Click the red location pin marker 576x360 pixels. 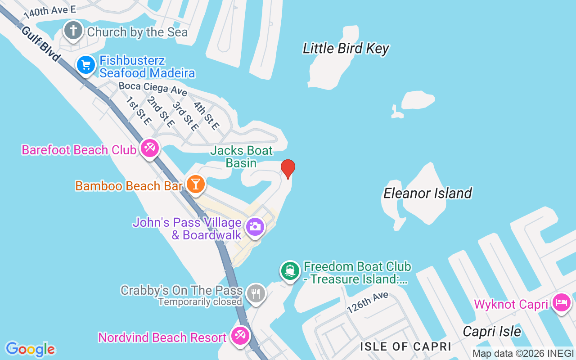(288, 169)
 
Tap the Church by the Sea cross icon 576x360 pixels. (73, 31)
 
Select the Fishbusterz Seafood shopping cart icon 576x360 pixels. (86, 65)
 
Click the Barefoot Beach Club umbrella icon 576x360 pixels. (149, 148)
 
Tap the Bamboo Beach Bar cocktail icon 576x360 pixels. (195, 184)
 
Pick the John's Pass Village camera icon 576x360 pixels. (255, 226)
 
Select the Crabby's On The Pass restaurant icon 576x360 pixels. (256, 293)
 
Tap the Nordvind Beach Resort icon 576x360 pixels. (240, 335)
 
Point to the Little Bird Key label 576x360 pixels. (346, 49)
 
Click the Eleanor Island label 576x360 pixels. (427, 193)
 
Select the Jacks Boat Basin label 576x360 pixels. (242, 157)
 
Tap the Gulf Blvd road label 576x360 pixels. (40, 44)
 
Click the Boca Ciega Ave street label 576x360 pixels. (153, 88)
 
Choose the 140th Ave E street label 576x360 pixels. (49, 11)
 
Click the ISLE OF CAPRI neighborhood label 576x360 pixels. (405, 346)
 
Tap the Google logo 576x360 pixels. (30, 349)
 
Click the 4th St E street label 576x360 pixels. (206, 116)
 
